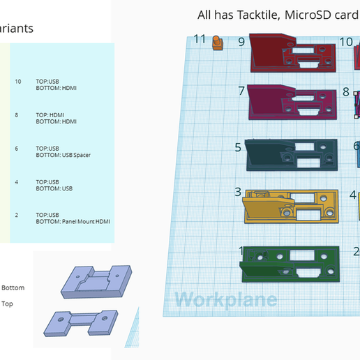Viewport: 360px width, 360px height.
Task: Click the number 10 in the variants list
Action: pyautogui.click(x=17, y=82)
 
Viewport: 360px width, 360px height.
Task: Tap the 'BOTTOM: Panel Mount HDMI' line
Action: pyautogui.click(x=73, y=222)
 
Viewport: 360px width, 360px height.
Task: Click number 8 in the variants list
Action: pyautogui.click(x=17, y=115)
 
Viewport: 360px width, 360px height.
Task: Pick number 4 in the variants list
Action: pyautogui.click(x=17, y=182)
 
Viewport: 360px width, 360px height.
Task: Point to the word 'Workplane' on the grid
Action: pyautogui.click(x=225, y=300)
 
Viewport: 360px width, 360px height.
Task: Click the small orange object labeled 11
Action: pyautogui.click(x=217, y=44)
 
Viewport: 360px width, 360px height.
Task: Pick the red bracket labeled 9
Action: pyautogui.click(x=293, y=54)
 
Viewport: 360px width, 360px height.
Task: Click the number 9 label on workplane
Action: pyautogui.click(x=241, y=42)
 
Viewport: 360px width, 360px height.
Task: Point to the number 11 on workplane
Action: pyautogui.click(x=200, y=38)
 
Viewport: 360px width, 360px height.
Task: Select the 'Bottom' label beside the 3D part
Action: pyautogui.click(x=13, y=287)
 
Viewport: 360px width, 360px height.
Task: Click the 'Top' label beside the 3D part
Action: pyautogui.click(x=7, y=303)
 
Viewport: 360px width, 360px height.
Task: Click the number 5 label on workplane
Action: pyautogui.click(x=238, y=147)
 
